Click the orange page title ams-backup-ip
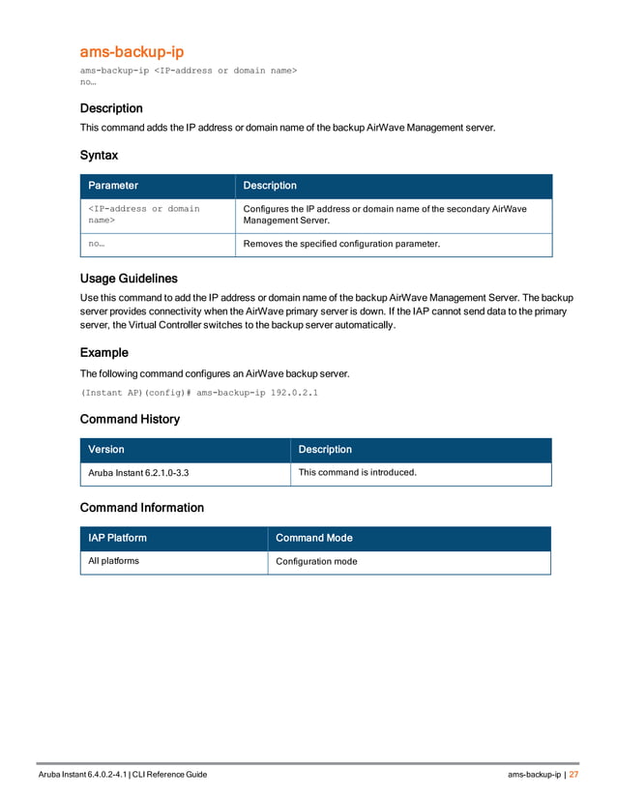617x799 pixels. (131, 51)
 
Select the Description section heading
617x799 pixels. (111, 108)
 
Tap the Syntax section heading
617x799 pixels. (99, 155)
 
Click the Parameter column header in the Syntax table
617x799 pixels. (113, 186)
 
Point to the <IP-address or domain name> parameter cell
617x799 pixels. (144, 215)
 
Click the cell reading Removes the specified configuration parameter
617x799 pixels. (341, 245)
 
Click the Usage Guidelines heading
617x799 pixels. (129, 279)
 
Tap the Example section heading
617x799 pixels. (103, 353)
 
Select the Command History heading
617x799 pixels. (130, 420)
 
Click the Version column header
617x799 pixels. (106, 450)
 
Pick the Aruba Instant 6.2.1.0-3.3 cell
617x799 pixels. (138, 473)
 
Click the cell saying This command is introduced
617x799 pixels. (358, 473)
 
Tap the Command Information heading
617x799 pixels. (141, 508)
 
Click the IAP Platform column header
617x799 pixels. (118, 538)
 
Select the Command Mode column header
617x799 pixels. (314, 538)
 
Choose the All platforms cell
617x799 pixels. (114, 561)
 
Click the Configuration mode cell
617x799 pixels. (316, 561)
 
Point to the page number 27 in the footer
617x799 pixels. (573, 775)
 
